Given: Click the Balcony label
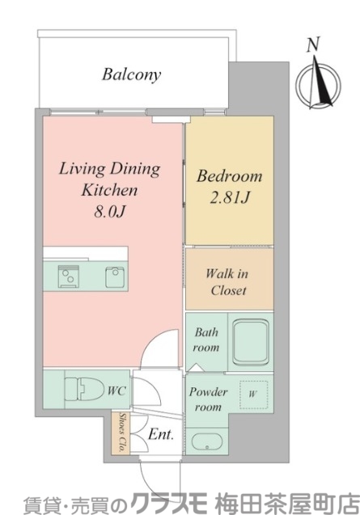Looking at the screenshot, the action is (x=132, y=74).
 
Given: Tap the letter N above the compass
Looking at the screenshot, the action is (x=313, y=45).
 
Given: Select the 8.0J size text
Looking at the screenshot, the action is (x=110, y=212).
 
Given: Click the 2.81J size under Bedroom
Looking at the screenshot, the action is (x=230, y=197).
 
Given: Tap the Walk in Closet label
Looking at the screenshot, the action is (x=227, y=282).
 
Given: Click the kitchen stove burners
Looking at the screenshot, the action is (x=69, y=276).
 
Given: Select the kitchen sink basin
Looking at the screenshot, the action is (x=115, y=277).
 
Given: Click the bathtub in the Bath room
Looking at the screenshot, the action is (x=251, y=341).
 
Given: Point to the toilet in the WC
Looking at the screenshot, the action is (x=83, y=389).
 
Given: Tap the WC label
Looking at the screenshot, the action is (x=116, y=390).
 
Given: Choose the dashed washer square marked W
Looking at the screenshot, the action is (x=253, y=395).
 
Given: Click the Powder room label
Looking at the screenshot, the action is (x=208, y=399).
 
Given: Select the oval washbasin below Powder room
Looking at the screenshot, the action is (x=207, y=442).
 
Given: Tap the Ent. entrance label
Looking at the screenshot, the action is (x=160, y=434).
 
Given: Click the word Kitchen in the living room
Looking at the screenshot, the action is (x=109, y=190).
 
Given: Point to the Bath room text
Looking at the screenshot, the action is (x=206, y=340).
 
